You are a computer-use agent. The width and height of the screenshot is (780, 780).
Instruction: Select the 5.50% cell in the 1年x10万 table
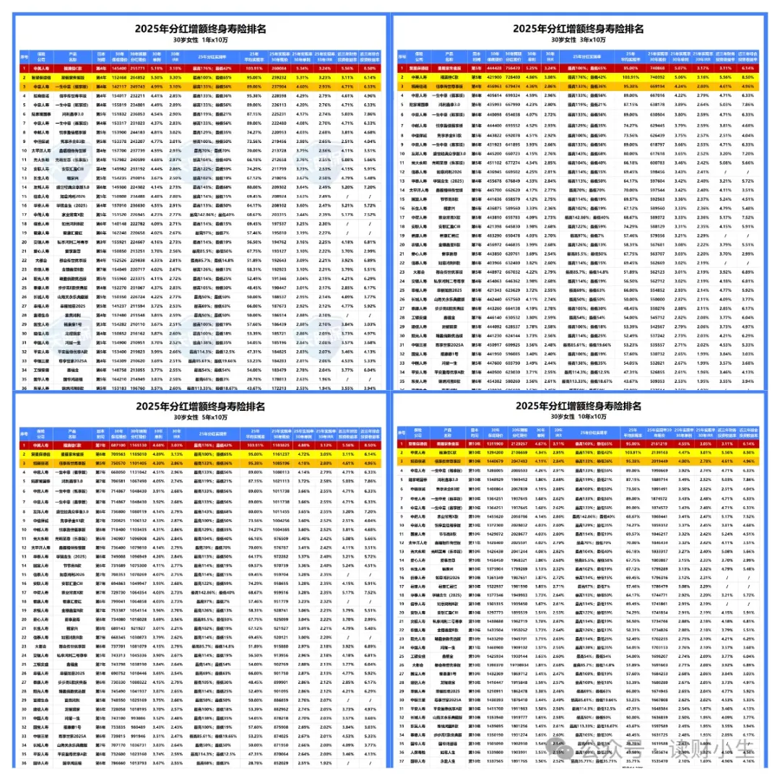tap(156, 75)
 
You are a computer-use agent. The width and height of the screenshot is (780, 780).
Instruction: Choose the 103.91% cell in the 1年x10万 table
tap(253, 67)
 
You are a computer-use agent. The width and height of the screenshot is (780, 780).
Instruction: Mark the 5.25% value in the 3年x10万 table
tap(532, 67)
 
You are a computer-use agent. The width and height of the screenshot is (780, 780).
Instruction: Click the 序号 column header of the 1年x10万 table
tap(24, 56)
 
